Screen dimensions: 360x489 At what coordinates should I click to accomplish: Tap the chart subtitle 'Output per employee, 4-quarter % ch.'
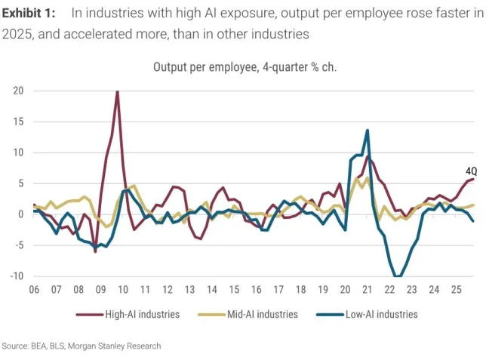coord(244,66)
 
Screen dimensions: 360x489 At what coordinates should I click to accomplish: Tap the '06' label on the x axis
coord(34,289)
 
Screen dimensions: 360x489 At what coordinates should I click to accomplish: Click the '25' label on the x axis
coord(456,289)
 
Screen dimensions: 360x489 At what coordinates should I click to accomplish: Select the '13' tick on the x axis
coord(189,289)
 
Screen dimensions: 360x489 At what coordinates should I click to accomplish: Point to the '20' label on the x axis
coord(345,289)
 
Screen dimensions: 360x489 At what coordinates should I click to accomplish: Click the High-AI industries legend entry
coord(129,314)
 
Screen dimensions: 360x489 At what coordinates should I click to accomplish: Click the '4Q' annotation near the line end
coord(472,171)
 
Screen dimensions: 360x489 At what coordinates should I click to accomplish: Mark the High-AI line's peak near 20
coord(117,91)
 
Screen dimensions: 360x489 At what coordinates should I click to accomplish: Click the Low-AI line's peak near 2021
coord(368,131)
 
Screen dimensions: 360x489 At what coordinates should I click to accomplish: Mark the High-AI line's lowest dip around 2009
coord(95,251)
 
